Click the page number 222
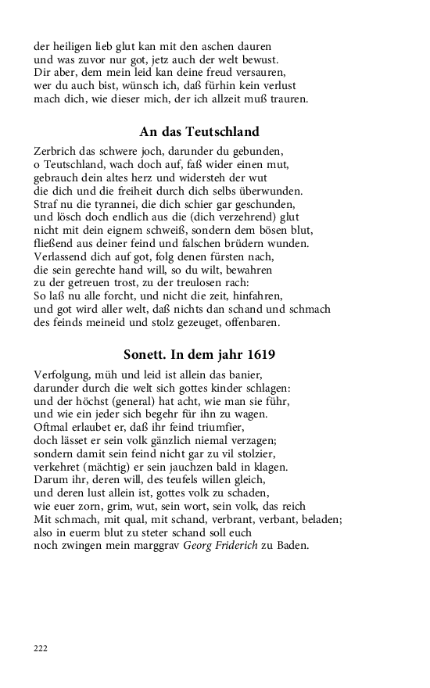41,647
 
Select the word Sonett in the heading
148,355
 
